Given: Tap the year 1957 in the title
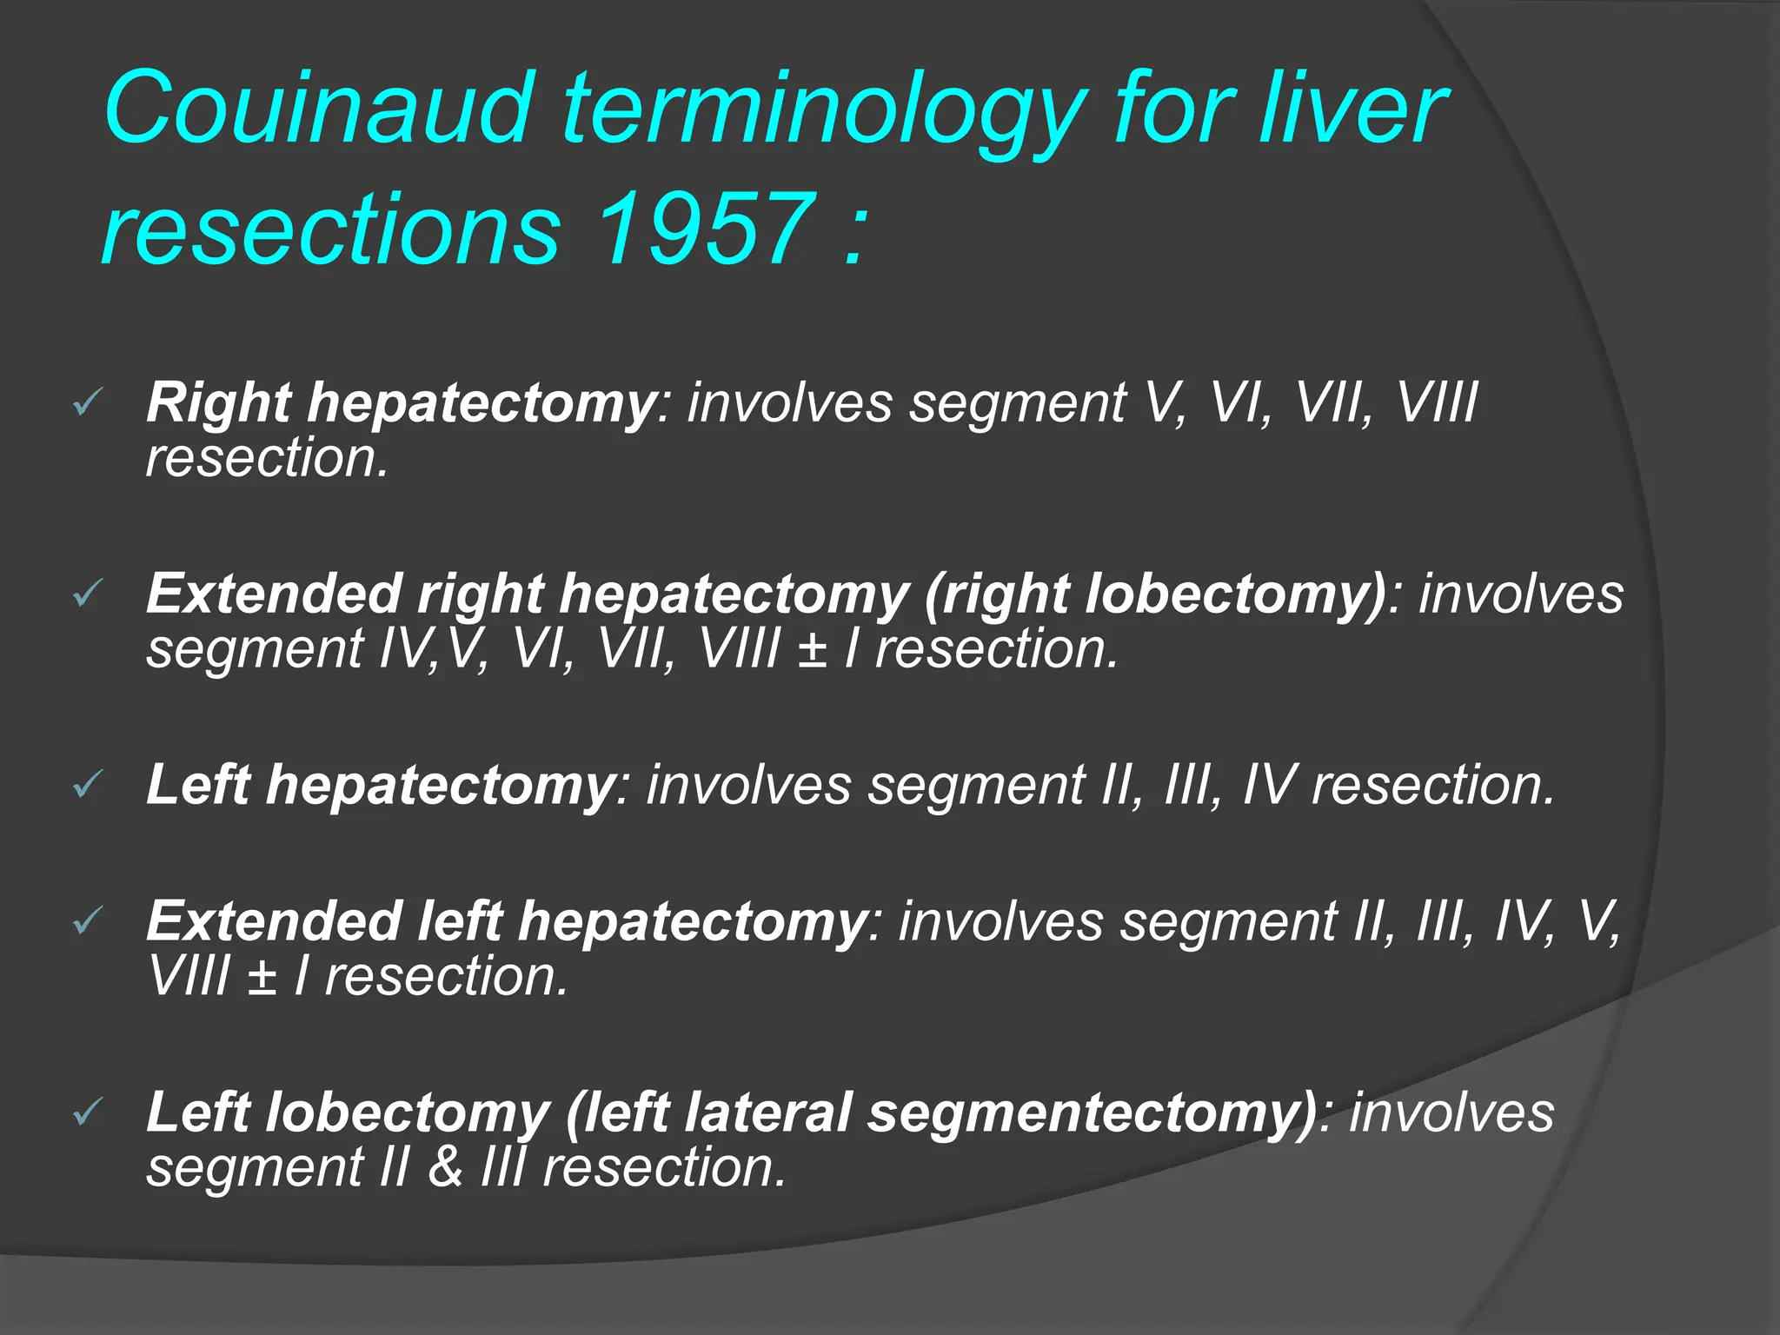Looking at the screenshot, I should tap(706, 229).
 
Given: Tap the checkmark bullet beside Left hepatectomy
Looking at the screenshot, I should tap(87, 785).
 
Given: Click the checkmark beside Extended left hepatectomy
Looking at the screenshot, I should tap(87, 921).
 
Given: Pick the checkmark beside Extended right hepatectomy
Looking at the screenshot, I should tap(87, 594).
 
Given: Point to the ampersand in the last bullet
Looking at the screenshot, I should tap(445, 1167).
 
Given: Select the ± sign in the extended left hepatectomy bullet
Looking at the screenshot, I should tap(262, 977).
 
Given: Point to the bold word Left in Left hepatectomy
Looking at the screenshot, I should tap(198, 785).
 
